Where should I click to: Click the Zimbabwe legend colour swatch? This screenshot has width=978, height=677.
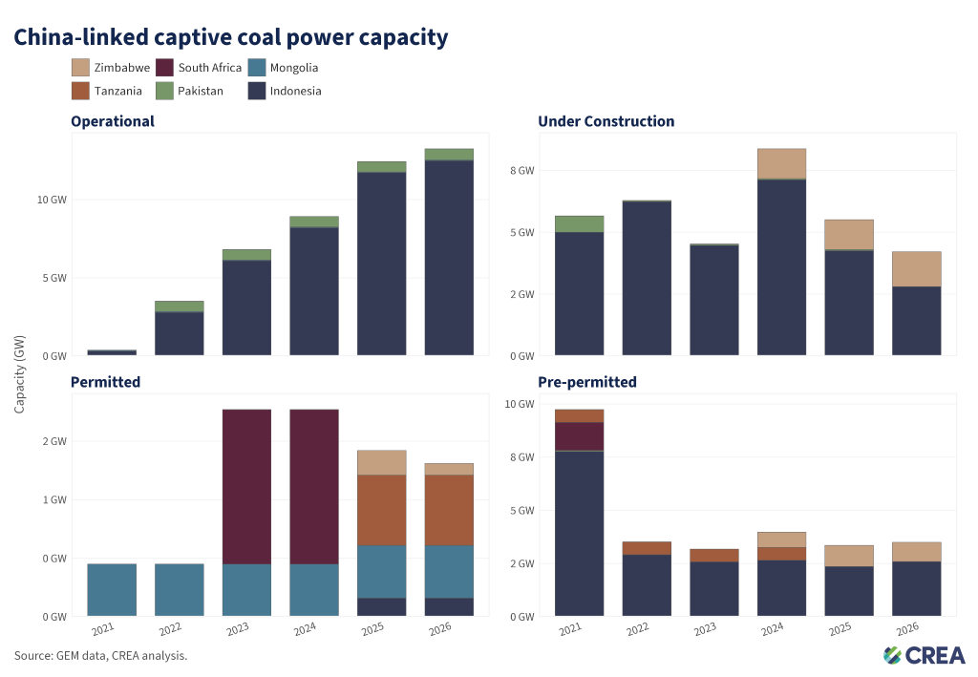[x=80, y=68]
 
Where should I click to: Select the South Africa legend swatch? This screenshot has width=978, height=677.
[x=164, y=68]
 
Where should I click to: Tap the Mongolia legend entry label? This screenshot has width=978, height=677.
[x=294, y=68]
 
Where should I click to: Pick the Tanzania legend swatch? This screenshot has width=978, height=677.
[x=80, y=91]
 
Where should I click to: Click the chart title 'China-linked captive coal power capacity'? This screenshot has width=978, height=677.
[x=231, y=37]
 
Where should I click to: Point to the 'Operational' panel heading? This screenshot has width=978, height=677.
[x=113, y=121]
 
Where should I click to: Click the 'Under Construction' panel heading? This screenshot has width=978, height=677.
[x=606, y=121]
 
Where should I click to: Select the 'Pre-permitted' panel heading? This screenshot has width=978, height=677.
[x=587, y=382]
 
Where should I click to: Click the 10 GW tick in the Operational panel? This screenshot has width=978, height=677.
[x=52, y=200]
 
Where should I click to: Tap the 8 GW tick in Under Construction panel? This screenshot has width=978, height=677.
[x=522, y=170]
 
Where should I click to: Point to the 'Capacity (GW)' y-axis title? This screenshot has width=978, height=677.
[x=19, y=374]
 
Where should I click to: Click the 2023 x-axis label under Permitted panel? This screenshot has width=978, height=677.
[x=238, y=629]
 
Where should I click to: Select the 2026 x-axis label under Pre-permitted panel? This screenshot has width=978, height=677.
[x=907, y=629]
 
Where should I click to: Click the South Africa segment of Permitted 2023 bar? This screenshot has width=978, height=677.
[x=247, y=487]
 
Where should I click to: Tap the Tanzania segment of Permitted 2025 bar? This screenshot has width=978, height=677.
[x=382, y=510]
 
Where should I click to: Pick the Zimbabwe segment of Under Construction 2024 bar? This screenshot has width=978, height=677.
[x=781, y=164]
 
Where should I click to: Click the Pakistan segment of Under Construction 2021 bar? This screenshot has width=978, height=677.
[x=580, y=223]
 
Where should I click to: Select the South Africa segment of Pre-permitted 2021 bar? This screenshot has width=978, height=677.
[x=580, y=436]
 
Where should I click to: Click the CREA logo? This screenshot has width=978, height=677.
[x=925, y=655]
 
